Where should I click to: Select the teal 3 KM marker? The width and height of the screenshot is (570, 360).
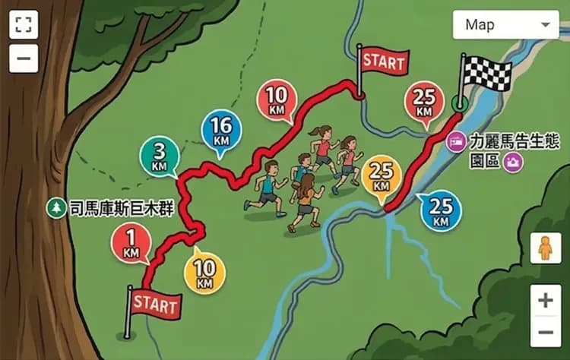click(x=159, y=156)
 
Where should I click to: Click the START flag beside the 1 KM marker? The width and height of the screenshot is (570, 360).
click(x=155, y=304)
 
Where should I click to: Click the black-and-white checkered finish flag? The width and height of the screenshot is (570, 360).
click(x=486, y=74)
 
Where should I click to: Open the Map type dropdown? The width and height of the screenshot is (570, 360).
click(x=505, y=25)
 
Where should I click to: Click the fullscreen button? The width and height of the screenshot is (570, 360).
click(x=24, y=24)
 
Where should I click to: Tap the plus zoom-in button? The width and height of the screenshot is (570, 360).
click(x=545, y=301)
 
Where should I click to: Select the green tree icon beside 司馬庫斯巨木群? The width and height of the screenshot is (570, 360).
click(x=55, y=207)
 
